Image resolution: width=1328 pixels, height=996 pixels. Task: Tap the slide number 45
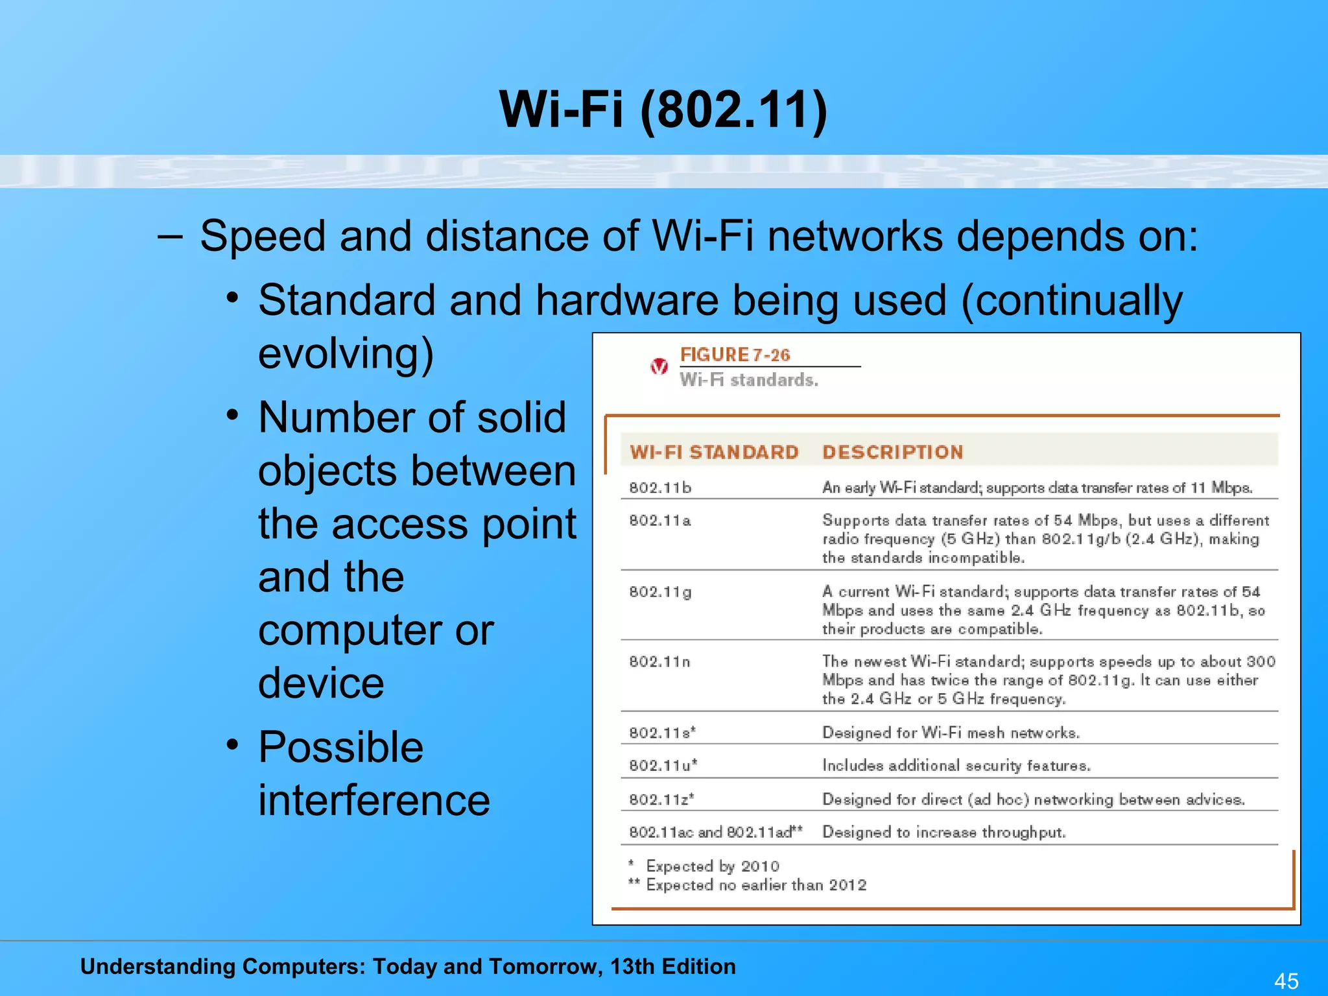[x=1286, y=980]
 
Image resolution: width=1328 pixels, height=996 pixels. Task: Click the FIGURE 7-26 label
[x=735, y=355]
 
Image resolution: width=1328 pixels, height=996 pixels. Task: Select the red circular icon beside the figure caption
[x=659, y=366]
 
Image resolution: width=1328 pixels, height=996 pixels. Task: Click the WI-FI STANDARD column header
[x=714, y=452]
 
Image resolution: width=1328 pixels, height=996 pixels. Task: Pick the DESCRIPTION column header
[x=892, y=452]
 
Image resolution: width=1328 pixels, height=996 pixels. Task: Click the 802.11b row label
[x=660, y=488]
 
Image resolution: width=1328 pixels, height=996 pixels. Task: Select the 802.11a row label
[x=660, y=520]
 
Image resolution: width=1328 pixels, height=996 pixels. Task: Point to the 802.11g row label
[x=660, y=591]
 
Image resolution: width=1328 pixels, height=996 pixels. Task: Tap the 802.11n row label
[x=660, y=661]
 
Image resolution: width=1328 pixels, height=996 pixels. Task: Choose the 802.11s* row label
[x=662, y=733]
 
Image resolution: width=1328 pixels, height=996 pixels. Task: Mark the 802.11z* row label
[x=661, y=800]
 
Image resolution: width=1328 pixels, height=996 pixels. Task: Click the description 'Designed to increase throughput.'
[x=943, y=832]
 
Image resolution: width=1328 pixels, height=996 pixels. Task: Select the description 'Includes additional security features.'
[x=956, y=765]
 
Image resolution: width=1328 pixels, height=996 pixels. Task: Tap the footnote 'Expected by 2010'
[x=712, y=866]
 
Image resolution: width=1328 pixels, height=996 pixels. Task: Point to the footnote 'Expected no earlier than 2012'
[x=755, y=885]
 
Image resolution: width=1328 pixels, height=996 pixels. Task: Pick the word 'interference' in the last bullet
[x=374, y=800]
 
